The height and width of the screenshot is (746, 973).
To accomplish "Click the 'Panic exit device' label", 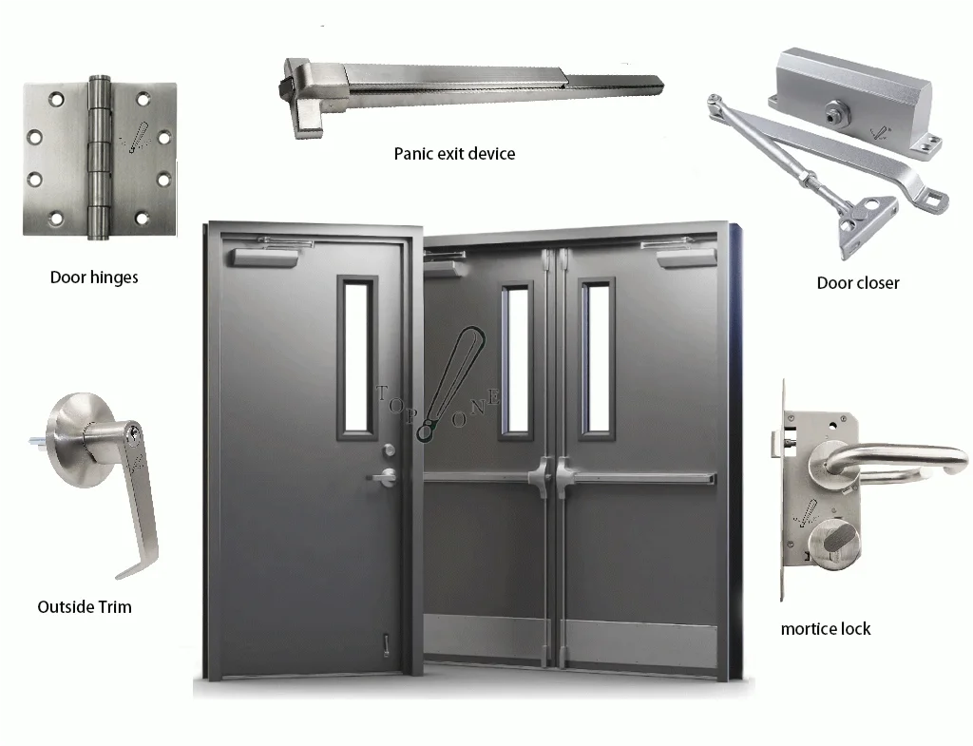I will pyautogui.click(x=454, y=153).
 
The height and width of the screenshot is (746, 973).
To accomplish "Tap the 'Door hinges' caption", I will pyautogui.click(x=94, y=277).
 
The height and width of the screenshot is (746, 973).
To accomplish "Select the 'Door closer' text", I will pyautogui.click(x=857, y=282).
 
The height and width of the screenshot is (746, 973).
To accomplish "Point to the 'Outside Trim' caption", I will pyautogui.click(x=85, y=606).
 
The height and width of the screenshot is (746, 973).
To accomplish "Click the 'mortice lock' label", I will pyautogui.click(x=825, y=628).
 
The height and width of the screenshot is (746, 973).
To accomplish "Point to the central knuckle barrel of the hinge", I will pyautogui.click(x=95, y=157).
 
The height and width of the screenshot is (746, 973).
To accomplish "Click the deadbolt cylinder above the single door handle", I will pyautogui.click(x=388, y=448).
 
